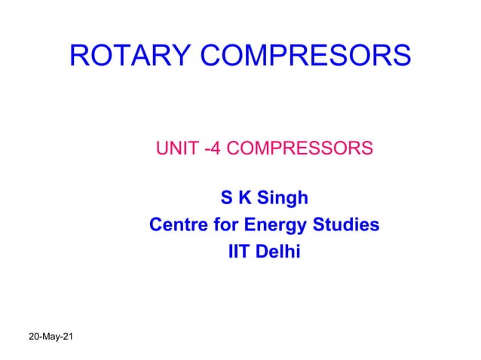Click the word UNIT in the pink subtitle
174,148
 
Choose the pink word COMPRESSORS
299,148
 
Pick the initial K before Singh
244,199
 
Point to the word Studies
347,225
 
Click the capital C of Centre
156,225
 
